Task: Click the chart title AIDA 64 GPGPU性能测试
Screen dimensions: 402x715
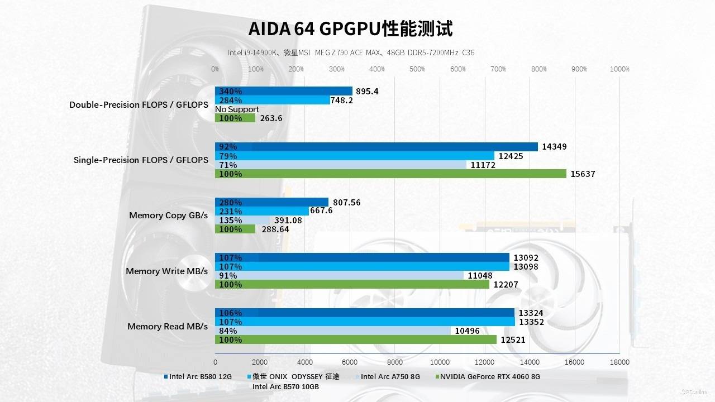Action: click(x=350, y=28)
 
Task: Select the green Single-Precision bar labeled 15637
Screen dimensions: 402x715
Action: click(x=390, y=174)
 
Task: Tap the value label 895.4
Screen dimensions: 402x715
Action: click(x=367, y=92)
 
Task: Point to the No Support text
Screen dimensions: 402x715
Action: click(x=237, y=109)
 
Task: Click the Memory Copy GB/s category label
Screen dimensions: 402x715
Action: click(x=168, y=216)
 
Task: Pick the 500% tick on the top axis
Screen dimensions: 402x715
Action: click(x=417, y=69)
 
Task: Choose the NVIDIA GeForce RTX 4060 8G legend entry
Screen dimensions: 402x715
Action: click(x=490, y=376)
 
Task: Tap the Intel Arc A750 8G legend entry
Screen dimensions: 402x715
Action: click(x=390, y=376)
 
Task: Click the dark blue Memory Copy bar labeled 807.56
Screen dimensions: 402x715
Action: click(x=271, y=202)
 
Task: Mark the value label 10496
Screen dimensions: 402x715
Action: click(x=467, y=331)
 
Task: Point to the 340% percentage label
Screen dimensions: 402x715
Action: click(x=231, y=92)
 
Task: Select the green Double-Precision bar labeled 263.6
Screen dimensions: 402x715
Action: click(x=235, y=118)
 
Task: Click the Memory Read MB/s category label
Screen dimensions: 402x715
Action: click(x=168, y=327)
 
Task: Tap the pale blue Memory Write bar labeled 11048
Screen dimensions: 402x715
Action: click(x=339, y=276)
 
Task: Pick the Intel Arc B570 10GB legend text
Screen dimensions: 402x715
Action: click(x=285, y=386)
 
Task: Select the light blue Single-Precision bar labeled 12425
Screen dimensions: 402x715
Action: click(x=355, y=156)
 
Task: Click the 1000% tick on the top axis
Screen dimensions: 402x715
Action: click(x=619, y=69)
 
